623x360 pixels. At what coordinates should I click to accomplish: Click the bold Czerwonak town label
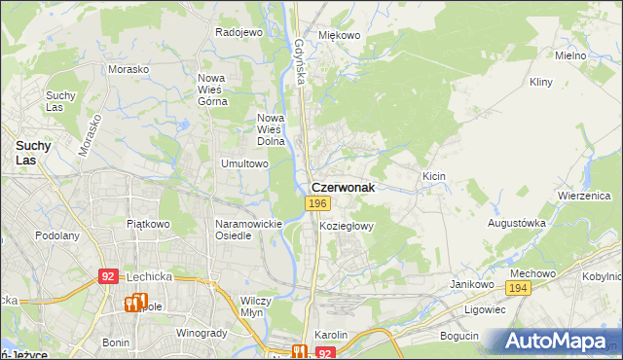[x=342, y=187]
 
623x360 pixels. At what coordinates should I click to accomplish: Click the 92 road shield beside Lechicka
[x=108, y=276]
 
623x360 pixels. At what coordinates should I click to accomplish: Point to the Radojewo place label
[x=239, y=32]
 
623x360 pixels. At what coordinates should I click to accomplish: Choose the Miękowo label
[x=339, y=35]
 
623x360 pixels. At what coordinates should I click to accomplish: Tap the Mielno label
[x=569, y=55]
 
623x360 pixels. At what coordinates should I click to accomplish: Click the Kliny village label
[x=541, y=82]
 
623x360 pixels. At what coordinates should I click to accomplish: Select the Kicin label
[x=433, y=175]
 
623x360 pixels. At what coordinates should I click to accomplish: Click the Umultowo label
[x=244, y=163]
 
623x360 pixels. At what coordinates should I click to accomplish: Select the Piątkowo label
[x=148, y=223]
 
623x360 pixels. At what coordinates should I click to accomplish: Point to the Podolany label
[x=56, y=235]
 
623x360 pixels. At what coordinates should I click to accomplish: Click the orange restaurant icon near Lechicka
[x=134, y=303]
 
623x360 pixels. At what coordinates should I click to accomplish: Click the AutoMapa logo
[x=555, y=341]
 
